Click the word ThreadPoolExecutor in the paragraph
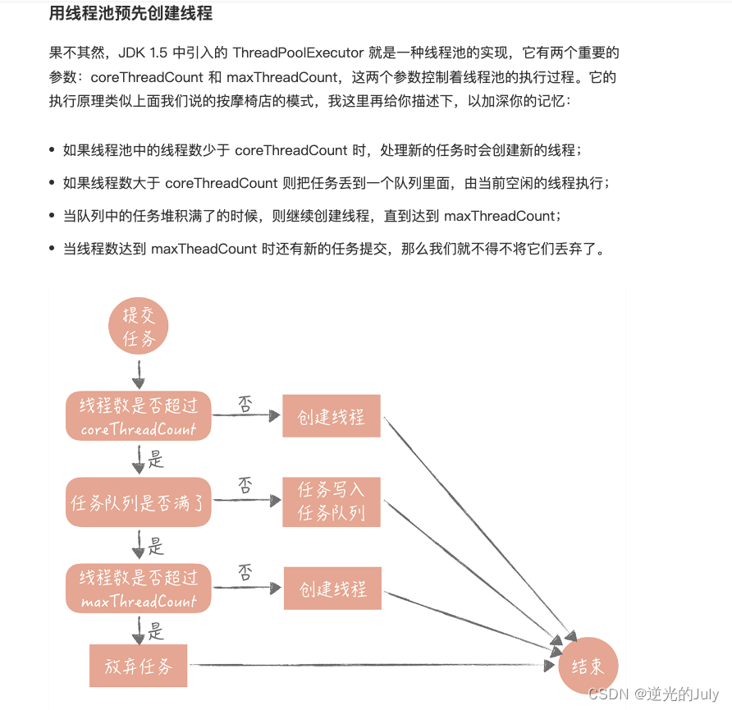(x=298, y=53)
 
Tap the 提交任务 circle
(x=138, y=328)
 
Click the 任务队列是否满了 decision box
(x=138, y=502)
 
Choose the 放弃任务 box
(x=138, y=666)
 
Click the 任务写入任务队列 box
(x=332, y=502)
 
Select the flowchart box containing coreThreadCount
(x=138, y=416)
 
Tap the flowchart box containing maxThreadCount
(x=138, y=589)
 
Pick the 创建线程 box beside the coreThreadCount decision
(x=332, y=416)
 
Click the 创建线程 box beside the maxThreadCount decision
(x=332, y=589)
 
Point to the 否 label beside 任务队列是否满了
(x=245, y=485)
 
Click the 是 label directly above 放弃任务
(x=156, y=631)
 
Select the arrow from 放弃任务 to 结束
(x=369, y=665)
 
